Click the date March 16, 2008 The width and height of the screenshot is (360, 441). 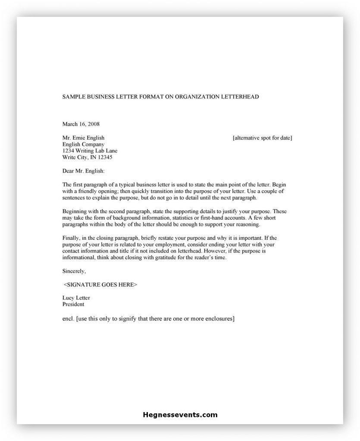coord(81,124)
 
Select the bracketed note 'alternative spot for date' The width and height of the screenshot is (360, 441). coord(262,138)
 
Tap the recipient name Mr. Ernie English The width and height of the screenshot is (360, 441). coord(84,138)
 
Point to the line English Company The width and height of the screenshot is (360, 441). coord(83,145)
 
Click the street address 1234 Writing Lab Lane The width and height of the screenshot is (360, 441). coord(90,151)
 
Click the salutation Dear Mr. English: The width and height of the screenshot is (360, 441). coord(84,171)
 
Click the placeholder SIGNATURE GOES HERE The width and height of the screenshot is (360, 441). coord(100,285)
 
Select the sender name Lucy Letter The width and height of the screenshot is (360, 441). coord(76,298)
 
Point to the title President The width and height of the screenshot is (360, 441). coord(73,304)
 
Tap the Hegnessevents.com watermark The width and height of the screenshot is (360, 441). coord(180,416)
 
